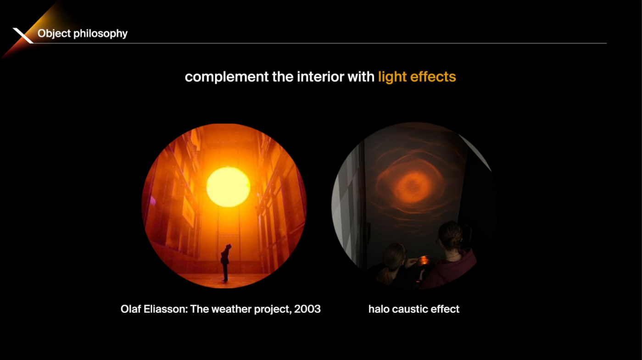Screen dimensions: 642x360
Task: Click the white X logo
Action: point(23,35)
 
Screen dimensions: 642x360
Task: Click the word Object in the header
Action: point(54,33)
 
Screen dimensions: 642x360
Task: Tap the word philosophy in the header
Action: point(100,34)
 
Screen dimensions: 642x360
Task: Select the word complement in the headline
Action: point(227,77)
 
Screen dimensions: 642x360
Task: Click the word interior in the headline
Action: point(320,77)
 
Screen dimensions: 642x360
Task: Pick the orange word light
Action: point(392,77)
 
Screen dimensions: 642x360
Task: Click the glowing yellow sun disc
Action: point(228,187)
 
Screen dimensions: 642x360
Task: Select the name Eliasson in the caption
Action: point(165,309)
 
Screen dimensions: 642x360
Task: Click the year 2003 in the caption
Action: point(307,309)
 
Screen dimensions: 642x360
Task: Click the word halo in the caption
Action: point(378,309)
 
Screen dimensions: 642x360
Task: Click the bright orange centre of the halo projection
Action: point(413,186)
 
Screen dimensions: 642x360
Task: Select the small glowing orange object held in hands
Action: point(424,261)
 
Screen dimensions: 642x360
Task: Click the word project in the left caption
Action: point(273,309)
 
